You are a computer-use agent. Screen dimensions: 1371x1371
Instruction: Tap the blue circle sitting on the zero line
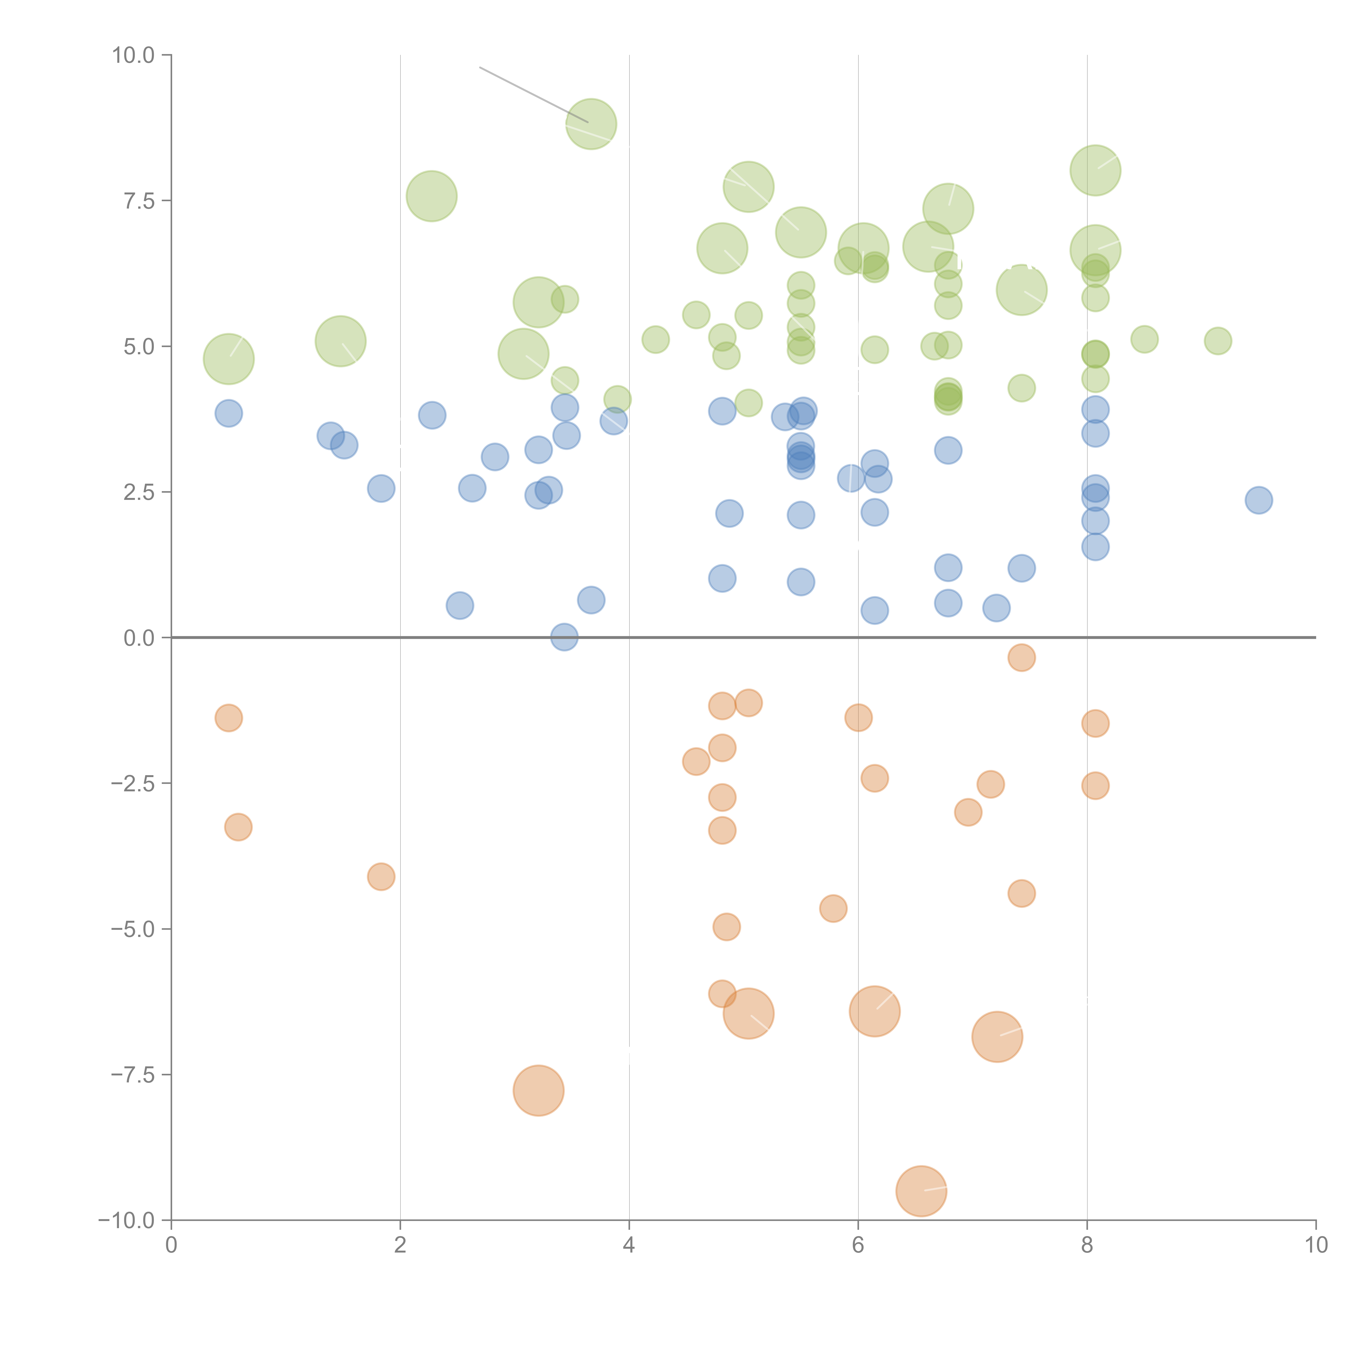(x=564, y=637)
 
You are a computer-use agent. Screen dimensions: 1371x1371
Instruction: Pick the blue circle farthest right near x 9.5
(x=1258, y=500)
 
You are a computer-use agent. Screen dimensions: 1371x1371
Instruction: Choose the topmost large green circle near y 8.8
(x=591, y=124)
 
